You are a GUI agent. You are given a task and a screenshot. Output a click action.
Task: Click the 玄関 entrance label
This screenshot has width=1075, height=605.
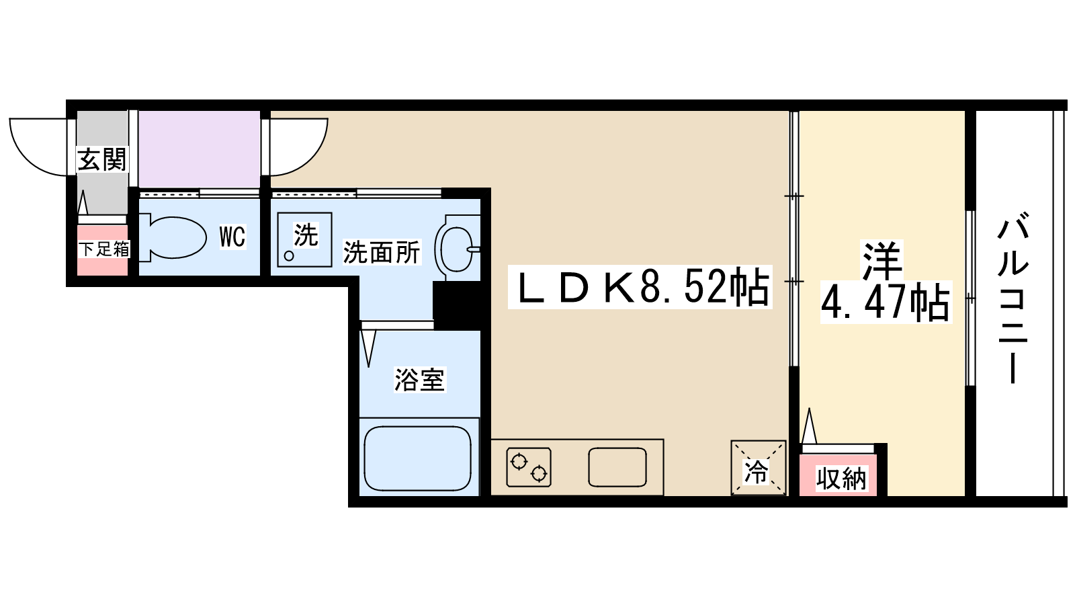click(101, 160)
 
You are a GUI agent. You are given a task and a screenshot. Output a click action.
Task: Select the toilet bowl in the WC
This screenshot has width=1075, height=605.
click(173, 237)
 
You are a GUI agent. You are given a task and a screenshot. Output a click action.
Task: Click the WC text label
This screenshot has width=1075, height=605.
click(232, 237)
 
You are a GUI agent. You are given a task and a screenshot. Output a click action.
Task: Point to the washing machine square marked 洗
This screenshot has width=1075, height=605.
click(304, 239)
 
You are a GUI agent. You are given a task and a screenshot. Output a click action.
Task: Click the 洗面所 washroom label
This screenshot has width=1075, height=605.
click(381, 253)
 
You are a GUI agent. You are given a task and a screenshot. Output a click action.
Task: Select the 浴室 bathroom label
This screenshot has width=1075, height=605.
click(419, 380)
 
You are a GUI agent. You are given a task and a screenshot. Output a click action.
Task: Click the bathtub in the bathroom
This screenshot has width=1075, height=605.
click(418, 457)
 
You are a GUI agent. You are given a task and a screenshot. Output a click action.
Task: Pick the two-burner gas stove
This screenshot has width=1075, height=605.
click(529, 467)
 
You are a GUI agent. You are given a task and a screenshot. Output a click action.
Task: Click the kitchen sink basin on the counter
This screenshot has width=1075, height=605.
click(617, 467)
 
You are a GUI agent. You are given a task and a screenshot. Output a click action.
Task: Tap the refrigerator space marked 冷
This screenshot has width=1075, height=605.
click(758, 468)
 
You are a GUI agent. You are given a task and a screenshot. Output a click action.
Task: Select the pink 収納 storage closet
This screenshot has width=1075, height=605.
click(841, 478)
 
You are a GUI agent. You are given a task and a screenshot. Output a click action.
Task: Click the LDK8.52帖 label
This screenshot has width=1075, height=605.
click(641, 288)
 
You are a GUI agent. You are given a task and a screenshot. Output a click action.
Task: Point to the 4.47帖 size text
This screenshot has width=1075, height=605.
click(886, 302)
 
